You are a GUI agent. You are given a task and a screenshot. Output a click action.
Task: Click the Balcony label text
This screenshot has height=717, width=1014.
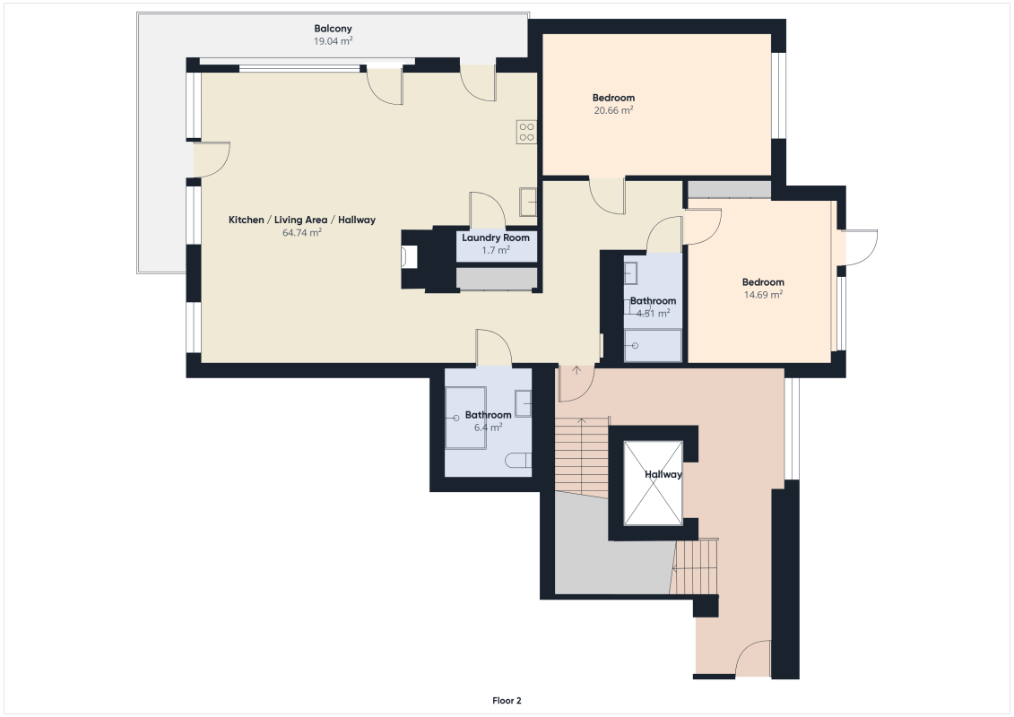(333, 29)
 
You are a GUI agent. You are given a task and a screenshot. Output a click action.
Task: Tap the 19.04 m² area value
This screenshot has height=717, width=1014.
(333, 41)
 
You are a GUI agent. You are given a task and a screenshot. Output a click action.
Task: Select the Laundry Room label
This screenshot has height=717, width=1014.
(496, 238)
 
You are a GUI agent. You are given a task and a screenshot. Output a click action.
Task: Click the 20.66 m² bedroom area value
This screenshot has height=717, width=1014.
(613, 110)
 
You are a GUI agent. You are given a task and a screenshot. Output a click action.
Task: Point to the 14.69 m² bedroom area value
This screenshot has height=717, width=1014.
(763, 294)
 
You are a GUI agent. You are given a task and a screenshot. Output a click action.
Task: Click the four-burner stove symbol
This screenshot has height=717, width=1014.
(526, 133)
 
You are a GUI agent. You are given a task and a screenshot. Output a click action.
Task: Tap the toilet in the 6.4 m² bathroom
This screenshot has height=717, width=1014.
(518, 462)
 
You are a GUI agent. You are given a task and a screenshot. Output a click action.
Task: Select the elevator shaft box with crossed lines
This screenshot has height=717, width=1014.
(653, 482)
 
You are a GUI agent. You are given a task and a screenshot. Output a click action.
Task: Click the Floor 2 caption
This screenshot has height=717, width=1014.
(507, 701)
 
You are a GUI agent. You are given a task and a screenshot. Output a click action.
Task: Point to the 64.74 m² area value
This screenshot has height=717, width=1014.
(301, 232)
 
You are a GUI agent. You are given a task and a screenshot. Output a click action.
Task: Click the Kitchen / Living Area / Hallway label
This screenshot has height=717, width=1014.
(301, 220)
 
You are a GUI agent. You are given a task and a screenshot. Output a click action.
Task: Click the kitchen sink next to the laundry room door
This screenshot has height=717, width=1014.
(528, 202)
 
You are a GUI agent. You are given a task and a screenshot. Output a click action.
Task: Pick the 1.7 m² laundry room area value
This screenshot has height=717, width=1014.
(496, 250)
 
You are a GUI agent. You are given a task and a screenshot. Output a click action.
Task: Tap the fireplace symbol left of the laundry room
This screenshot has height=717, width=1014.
(410, 258)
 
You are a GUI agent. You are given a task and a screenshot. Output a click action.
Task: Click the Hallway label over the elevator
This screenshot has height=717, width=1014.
(663, 474)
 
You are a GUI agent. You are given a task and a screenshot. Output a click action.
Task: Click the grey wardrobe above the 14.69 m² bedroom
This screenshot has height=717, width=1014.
(729, 189)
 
